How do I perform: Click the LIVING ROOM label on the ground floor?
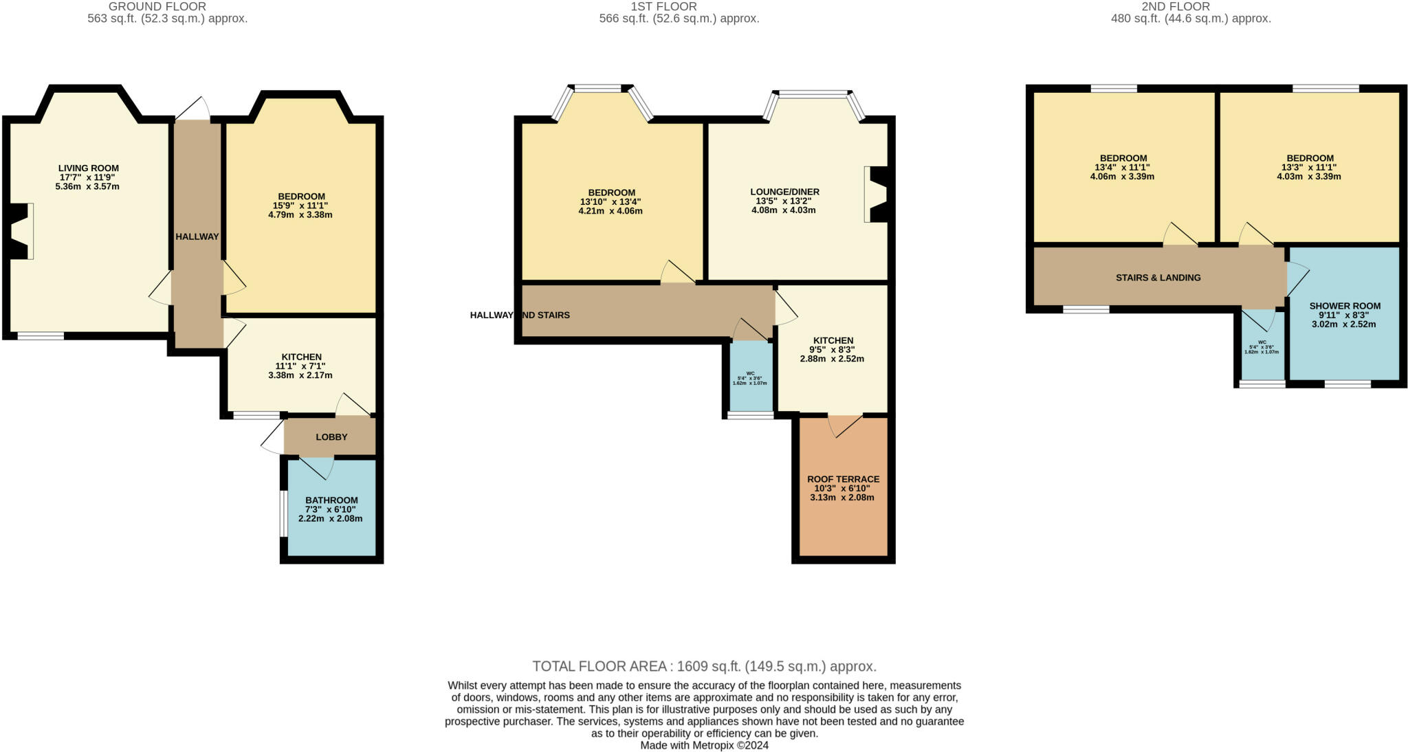click(88, 168)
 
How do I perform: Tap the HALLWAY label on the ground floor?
click(197, 236)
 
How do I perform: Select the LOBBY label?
click(331, 437)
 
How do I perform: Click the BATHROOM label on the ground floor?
click(331, 500)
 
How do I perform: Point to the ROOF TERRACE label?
click(843, 479)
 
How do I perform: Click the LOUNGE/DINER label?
click(784, 192)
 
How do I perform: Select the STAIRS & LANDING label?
click(1158, 278)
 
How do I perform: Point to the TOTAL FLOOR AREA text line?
click(704, 666)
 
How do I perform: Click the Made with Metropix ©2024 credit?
click(704, 745)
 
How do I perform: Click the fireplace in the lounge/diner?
click(877, 195)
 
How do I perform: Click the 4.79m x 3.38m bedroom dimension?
click(300, 214)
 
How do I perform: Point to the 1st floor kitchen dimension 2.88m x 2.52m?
click(832, 359)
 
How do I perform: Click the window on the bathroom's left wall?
click(282, 513)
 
